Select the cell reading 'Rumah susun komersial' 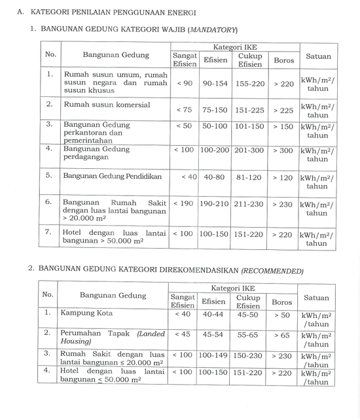click(x=107, y=105)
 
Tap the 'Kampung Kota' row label click(x=87, y=313)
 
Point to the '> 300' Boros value click(x=283, y=150)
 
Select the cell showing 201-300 click(x=249, y=150)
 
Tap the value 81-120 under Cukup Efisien click(x=249, y=177)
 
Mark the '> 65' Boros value click(x=283, y=335)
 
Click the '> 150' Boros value click(x=283, y=126)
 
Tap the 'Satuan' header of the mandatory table click(x=318, y=56)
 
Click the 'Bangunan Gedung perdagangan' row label click(x=97, y=154)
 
